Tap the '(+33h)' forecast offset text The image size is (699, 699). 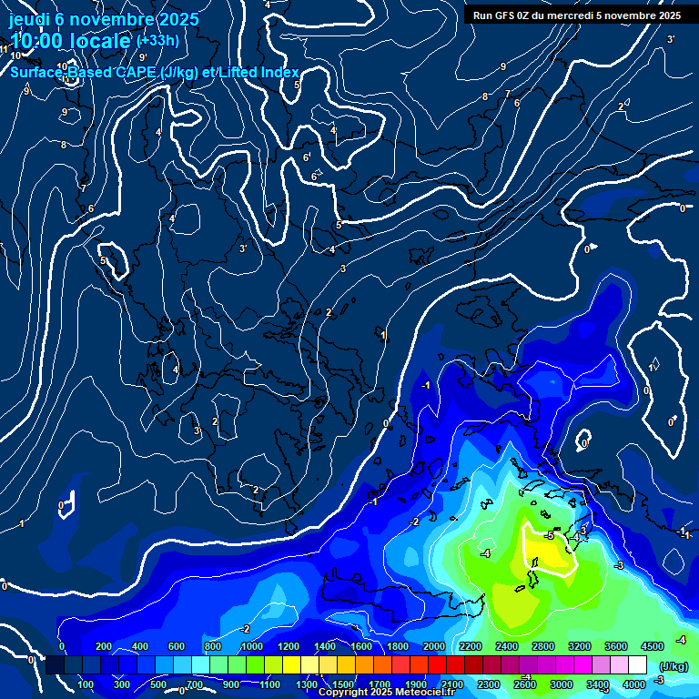point(157,40)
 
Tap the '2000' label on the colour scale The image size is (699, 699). point(433,646)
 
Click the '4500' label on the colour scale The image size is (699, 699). point(652,646)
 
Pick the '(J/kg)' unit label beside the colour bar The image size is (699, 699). point(673,666)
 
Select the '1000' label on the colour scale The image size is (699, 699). point(251,646)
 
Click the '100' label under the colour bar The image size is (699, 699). point(86,684)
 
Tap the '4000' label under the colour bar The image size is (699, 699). point(634,684)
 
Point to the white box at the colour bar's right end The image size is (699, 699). point(638,665)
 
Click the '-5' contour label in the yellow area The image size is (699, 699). point(549,536)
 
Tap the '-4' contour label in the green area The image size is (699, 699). point(485,553)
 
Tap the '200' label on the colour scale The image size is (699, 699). point(104,646)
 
